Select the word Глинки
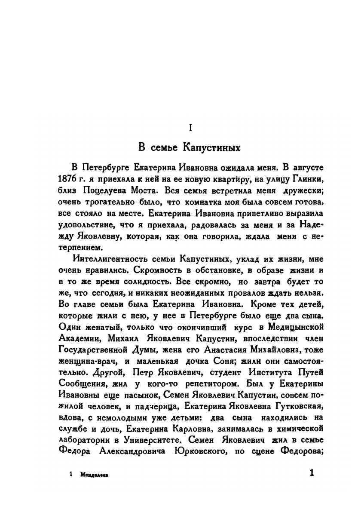click(x=307, y=178)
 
